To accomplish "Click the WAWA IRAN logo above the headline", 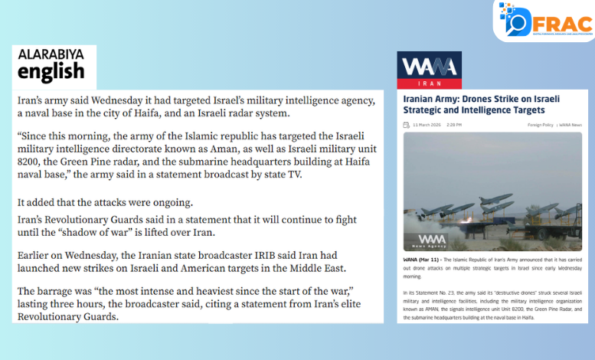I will pyautogui.click(x=429, y=70).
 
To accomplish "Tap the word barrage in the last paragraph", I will pyautogui.click(x=60, y=290).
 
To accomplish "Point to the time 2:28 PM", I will pyautogui.click(x=456, y=124).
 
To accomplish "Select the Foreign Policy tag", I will pyautogui.click(x=540, y=124).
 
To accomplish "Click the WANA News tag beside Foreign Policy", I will pyautogui.click(x=570, y=124).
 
